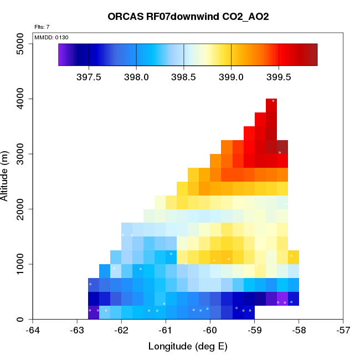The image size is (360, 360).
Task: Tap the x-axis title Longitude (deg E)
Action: coord(188,347)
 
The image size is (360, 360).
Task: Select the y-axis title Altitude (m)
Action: coord(6,176)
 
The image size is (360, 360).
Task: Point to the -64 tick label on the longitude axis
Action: coord(33,331)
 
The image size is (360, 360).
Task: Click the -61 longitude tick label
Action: coord(166,331)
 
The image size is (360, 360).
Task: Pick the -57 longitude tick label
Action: coord(343,331)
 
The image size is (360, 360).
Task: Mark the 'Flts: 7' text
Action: coord(42,27)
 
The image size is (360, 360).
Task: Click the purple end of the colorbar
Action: coord(61,54)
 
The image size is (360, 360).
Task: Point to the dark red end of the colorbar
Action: coord(313,54)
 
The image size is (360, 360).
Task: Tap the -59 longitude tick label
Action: coord(254,331)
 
